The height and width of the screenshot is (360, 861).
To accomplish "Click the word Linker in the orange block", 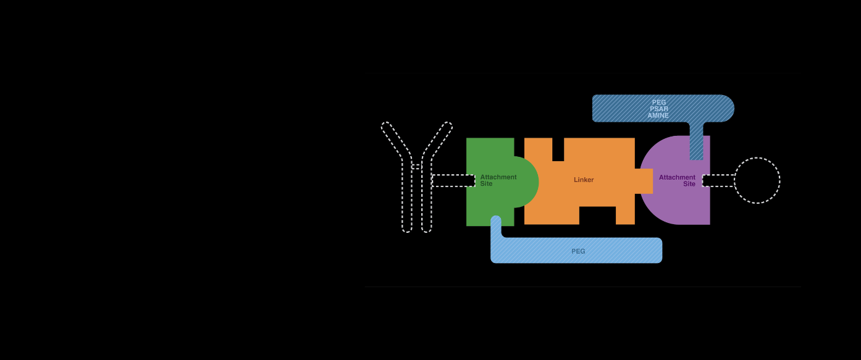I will point(584,180).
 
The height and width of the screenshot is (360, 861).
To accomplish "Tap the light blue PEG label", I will point(578,251).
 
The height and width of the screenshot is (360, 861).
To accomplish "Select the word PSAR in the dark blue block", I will point(659,109).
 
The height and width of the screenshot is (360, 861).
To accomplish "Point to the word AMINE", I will point(658,116).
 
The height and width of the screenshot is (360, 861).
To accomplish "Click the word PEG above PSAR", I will point(659,103).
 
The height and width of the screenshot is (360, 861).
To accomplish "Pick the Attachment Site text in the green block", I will point(498,180).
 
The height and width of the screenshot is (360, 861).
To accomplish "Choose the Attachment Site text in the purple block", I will point(678,180).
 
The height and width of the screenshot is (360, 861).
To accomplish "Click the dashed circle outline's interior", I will point(757,180).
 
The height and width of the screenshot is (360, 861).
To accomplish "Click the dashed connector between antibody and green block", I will point(453,180).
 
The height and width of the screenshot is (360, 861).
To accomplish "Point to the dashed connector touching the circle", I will point(718,180).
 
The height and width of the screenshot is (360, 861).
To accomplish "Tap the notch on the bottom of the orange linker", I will point(597,216).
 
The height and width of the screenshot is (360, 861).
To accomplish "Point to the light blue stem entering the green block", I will point(495,226).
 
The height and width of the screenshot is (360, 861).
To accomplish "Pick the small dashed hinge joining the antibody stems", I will point(416,167).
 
